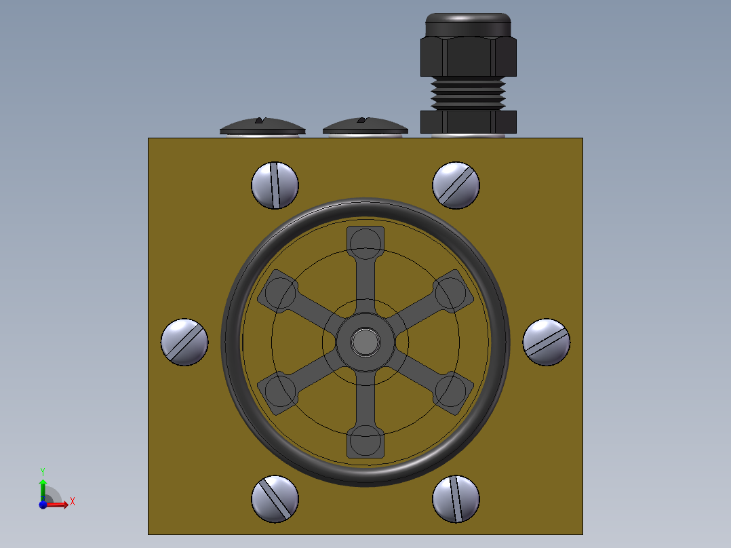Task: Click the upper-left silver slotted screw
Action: [275, 185]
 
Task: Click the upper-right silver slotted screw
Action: [456, 185]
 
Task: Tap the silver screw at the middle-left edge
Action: [184, 342]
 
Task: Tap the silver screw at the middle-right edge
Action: [547, 342]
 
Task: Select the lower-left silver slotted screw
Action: [275, 498]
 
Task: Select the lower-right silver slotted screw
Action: [456, 498]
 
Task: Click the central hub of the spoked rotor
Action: [365, 342]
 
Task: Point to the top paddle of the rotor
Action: [365, 241]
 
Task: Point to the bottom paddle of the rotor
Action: [365, 442]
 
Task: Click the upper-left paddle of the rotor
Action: [279, 292]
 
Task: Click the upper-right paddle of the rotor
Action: [452, 292]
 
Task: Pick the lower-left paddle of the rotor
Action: [279, 393]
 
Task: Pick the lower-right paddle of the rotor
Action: [452, 393]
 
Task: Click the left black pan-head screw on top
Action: [262, 126]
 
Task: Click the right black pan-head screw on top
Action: [365, 126]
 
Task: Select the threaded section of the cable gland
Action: [468, 93]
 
